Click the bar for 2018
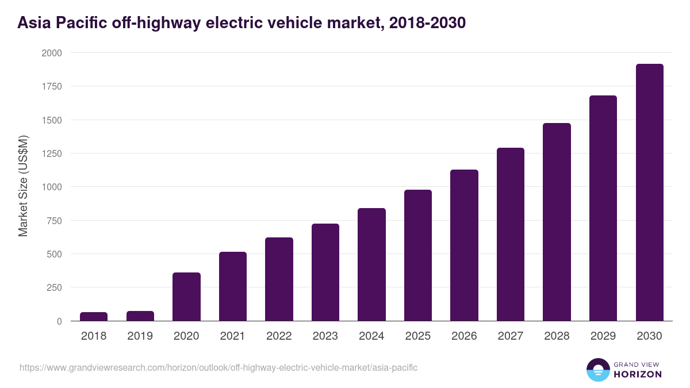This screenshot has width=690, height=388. tap(94, 317)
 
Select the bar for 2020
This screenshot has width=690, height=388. tap(186, 297)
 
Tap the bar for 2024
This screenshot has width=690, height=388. tap(371, 264)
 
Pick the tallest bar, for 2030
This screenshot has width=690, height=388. tap(649, 193)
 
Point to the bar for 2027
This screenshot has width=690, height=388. tap(511, 235)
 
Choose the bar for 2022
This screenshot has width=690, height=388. tap(279, 279)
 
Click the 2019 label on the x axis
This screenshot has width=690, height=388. tap(140, 336)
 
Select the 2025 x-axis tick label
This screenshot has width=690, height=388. tap(417, 336)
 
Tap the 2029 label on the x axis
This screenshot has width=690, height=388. tap(603, 336)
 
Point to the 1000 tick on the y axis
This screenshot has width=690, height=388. tap(51, 187)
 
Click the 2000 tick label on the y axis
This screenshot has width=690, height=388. tap(51, 53)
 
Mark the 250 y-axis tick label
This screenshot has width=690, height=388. tap(53, 287)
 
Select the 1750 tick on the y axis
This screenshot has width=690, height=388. tap(51, 86)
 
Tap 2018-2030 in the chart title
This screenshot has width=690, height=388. tap(427, 23)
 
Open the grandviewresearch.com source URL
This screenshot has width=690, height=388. tap(218, 367)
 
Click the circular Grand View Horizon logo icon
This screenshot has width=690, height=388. tap(598, 370)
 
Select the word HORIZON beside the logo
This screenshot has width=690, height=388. tap(638, 374)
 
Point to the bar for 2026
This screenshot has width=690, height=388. tap(464, 245)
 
